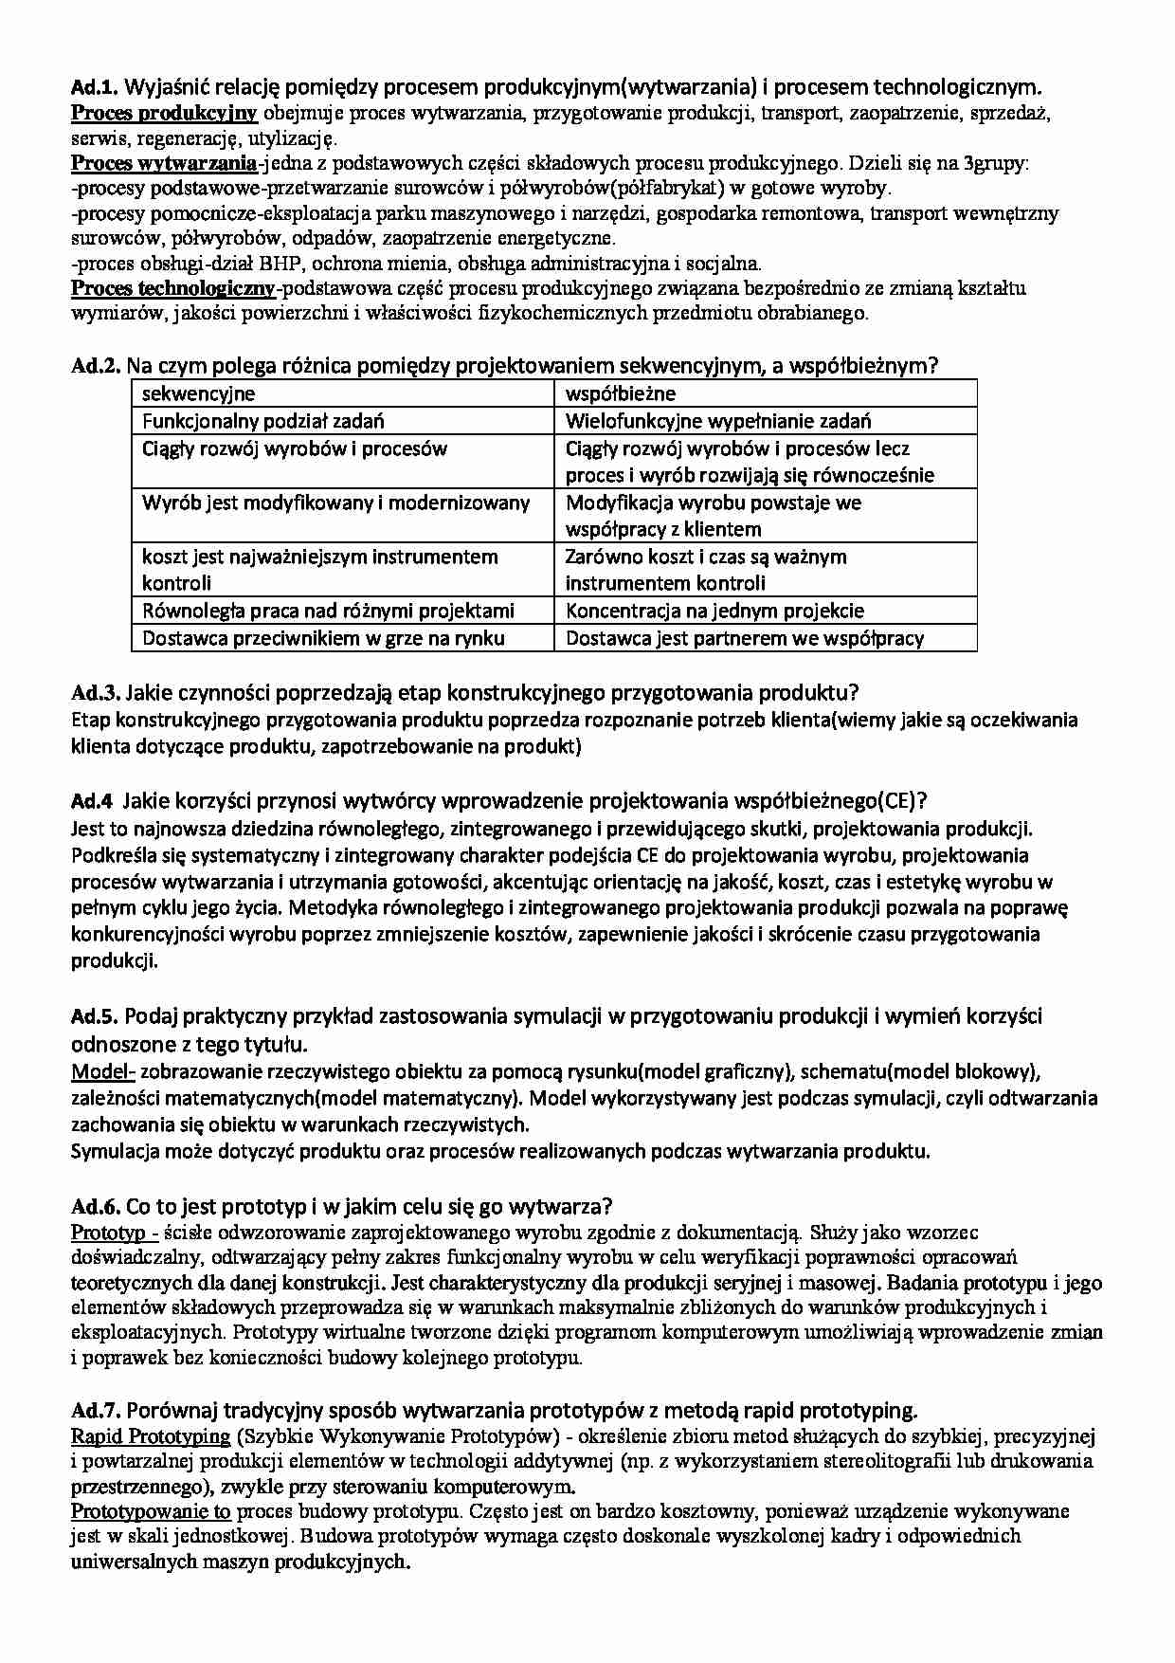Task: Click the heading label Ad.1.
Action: click(x=94, y=88)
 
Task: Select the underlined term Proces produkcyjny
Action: click(x=164, y=114)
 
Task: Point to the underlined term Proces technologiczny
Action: click(x=173, y=288)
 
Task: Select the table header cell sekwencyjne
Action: click(x=198, y=393)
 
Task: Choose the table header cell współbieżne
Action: click(x=620, y=393)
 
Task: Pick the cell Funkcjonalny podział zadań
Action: click(x=262, y=421)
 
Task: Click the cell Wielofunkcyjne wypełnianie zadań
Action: click(x=717, y=421)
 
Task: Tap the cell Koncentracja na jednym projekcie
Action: click(x=714, y=611)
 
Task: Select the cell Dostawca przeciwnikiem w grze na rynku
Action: click(x=323, y=638)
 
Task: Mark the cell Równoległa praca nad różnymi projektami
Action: click(x=328, y=611)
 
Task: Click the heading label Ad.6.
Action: click(x=95, y=1207)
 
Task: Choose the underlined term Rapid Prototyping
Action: click(x=151, y=1436)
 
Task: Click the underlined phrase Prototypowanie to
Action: click(x=151, y=1511)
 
